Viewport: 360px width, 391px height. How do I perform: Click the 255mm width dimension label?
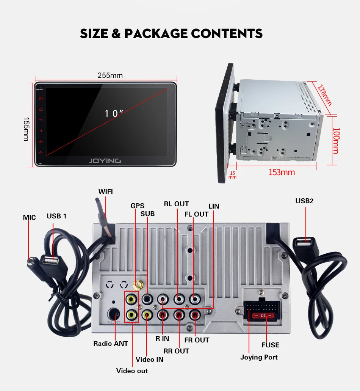tap(110, 75)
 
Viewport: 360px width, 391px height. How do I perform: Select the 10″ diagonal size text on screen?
tap(114, 113)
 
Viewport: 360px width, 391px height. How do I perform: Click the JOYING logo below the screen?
tap(105, 161)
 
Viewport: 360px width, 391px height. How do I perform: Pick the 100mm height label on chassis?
tap(335, 141)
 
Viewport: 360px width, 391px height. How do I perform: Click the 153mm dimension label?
tap(281, 172)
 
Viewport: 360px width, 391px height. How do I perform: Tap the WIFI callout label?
tap(106, 192)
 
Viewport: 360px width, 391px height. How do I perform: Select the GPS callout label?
tap(137, 206)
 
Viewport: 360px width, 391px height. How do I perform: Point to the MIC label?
tap(29, 218)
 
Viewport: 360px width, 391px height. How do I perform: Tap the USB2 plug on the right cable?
tap(304, 242)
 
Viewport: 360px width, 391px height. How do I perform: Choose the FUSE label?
tap(270, 345)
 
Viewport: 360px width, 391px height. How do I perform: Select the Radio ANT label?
tap(111, 344)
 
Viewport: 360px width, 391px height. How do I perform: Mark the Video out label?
tap(132, 371)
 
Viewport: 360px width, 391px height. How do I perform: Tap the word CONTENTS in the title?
tap(227, 33)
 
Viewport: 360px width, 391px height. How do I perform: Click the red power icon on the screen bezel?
tap(41, 99)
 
